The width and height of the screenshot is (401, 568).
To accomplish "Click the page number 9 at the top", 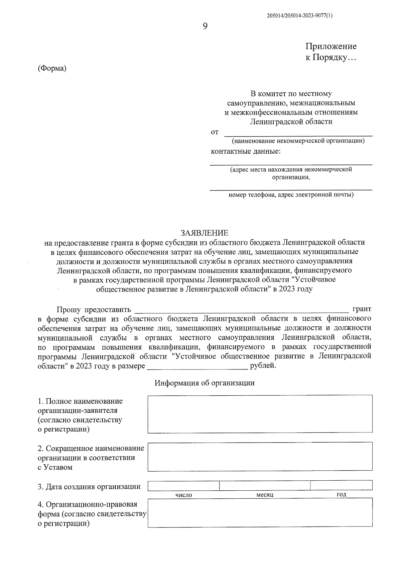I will (x=205, y=26).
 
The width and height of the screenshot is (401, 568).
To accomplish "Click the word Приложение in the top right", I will (x=331, y=46).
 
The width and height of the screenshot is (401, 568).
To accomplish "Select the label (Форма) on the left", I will (x=52, y=68).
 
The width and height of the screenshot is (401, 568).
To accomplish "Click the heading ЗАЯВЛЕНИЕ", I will (x=204, y=233).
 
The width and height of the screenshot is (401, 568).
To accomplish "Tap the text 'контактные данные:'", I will (x=246, y=151).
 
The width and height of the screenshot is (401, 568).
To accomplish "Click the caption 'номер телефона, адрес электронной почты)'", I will (x=291, y=194).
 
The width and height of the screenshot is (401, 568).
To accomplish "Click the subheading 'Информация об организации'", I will (x=205, y=383).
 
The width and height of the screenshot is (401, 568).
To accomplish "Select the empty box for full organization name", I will (x=260, y=414).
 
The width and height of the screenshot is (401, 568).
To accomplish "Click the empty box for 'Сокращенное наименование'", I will (x=260, y=457).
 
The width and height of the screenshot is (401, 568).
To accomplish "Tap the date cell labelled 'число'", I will (x=183, y=485).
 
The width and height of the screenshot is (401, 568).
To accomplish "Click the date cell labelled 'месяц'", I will (x=265, y=485).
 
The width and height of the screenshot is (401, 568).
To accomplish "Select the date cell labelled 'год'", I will (x=341, y=485).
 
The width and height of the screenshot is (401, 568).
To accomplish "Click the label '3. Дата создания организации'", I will (x=89, y=487).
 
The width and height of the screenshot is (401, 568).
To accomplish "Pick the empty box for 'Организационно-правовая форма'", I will (x=260, y=513).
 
